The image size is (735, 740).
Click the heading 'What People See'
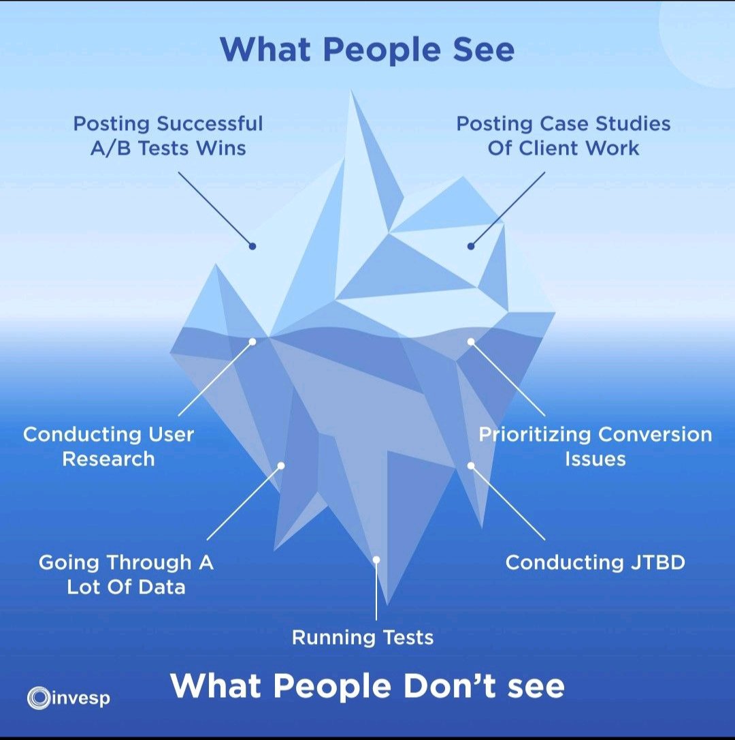[x=367, y=50]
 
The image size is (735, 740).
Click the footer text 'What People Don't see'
[x=367, y=685]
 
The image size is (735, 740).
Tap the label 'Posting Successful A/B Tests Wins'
[x=168, y=136]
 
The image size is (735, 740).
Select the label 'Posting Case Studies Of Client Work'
[x=563, y=136]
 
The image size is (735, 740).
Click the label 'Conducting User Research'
[x=108, y=446]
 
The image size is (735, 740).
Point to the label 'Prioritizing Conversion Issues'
[x=595, y=446]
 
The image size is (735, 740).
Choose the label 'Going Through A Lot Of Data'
[x=126, y=574]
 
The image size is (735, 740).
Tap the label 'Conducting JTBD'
[x=595, y=563]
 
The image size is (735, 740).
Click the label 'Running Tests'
[x=363, y=638]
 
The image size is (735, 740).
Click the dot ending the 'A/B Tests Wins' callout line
[x=252, y=246]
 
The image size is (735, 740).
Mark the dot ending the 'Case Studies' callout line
[x=470, y=246]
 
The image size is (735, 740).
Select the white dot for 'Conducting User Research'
[x=252, y=341]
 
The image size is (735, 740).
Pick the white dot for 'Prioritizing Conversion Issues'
[x=470, y=341]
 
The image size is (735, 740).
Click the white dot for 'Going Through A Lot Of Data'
[x=280, y=466]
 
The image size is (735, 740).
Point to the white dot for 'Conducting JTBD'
[x=470, y=465]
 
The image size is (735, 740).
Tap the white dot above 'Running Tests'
[x=376, y=559]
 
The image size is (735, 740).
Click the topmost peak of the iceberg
[x=352, y=91]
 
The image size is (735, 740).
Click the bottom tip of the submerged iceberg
[x=387, y=604]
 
